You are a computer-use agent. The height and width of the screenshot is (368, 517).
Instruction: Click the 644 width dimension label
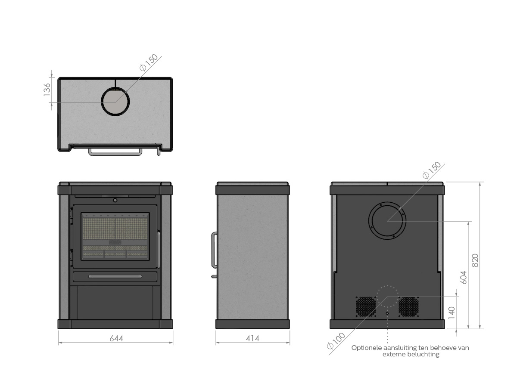pos(116,338)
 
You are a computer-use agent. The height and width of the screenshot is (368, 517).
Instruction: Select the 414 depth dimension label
pos(252,338)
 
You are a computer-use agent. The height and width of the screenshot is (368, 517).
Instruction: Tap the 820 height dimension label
pos(475,260)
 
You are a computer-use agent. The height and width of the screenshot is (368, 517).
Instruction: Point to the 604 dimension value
pos(464,277)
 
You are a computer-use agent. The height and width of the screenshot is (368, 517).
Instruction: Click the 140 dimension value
pos(452,313)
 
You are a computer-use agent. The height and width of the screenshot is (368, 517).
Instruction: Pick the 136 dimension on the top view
pos(47,90)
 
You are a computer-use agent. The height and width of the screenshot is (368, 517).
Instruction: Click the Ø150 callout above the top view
pos(149,62)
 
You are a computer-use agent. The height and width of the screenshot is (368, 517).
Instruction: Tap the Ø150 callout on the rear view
pos(432,170)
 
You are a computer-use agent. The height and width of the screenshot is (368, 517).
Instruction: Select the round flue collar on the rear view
pos(387,202)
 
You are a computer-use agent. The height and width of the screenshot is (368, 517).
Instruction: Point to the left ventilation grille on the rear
pos(366,306)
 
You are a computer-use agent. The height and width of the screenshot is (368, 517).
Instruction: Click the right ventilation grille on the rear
pos(408,306)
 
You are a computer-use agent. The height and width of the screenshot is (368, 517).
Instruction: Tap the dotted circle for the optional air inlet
pos(387,286)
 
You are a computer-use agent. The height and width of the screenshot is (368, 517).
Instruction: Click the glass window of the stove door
pos(115,236)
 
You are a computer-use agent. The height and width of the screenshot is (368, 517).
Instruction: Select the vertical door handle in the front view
pos(159,249)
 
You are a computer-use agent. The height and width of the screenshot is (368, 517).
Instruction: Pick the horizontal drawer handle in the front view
pos(115,276)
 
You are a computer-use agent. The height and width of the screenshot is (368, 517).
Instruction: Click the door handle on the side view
pos(212,250)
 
